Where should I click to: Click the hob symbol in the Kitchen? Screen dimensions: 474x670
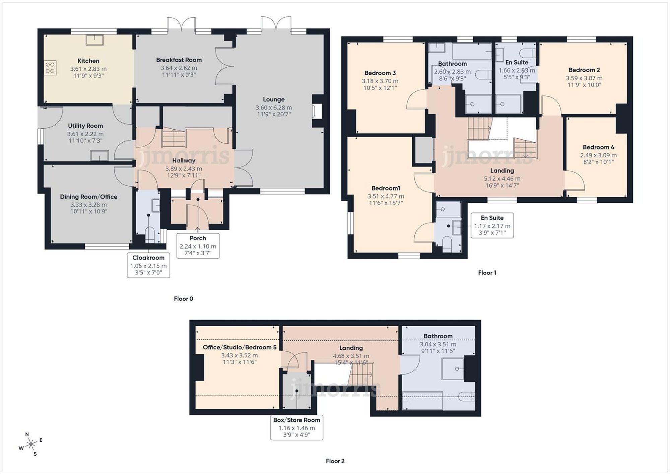tap(50, 68)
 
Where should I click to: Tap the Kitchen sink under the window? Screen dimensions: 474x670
tap(95, 40)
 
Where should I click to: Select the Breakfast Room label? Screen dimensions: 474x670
tap(179, 60)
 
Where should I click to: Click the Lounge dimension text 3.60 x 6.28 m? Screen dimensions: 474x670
tap(273, 108)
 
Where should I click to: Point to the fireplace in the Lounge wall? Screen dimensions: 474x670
tap(317, 111)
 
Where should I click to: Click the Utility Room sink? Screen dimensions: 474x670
tap(99, 156)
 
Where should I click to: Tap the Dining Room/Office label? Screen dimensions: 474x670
tap(88, 197)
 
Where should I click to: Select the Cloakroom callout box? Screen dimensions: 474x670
tap(148, 265)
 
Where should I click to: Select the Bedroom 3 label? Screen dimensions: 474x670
tap(380, 73)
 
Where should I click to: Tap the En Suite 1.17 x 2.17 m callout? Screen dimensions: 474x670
tap(492, 225)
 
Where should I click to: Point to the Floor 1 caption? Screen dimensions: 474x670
tap(487, 273)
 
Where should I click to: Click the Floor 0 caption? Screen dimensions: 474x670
tap(183, 298)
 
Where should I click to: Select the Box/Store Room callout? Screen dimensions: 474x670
tap(296, 427)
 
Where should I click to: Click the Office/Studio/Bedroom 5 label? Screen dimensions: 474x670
tap(240, 347)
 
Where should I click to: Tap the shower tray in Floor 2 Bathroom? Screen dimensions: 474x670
tap(453, 369)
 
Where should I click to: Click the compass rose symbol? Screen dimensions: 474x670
tap(31, 445)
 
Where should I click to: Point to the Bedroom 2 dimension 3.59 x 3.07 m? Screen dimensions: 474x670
tap(584, 78)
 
